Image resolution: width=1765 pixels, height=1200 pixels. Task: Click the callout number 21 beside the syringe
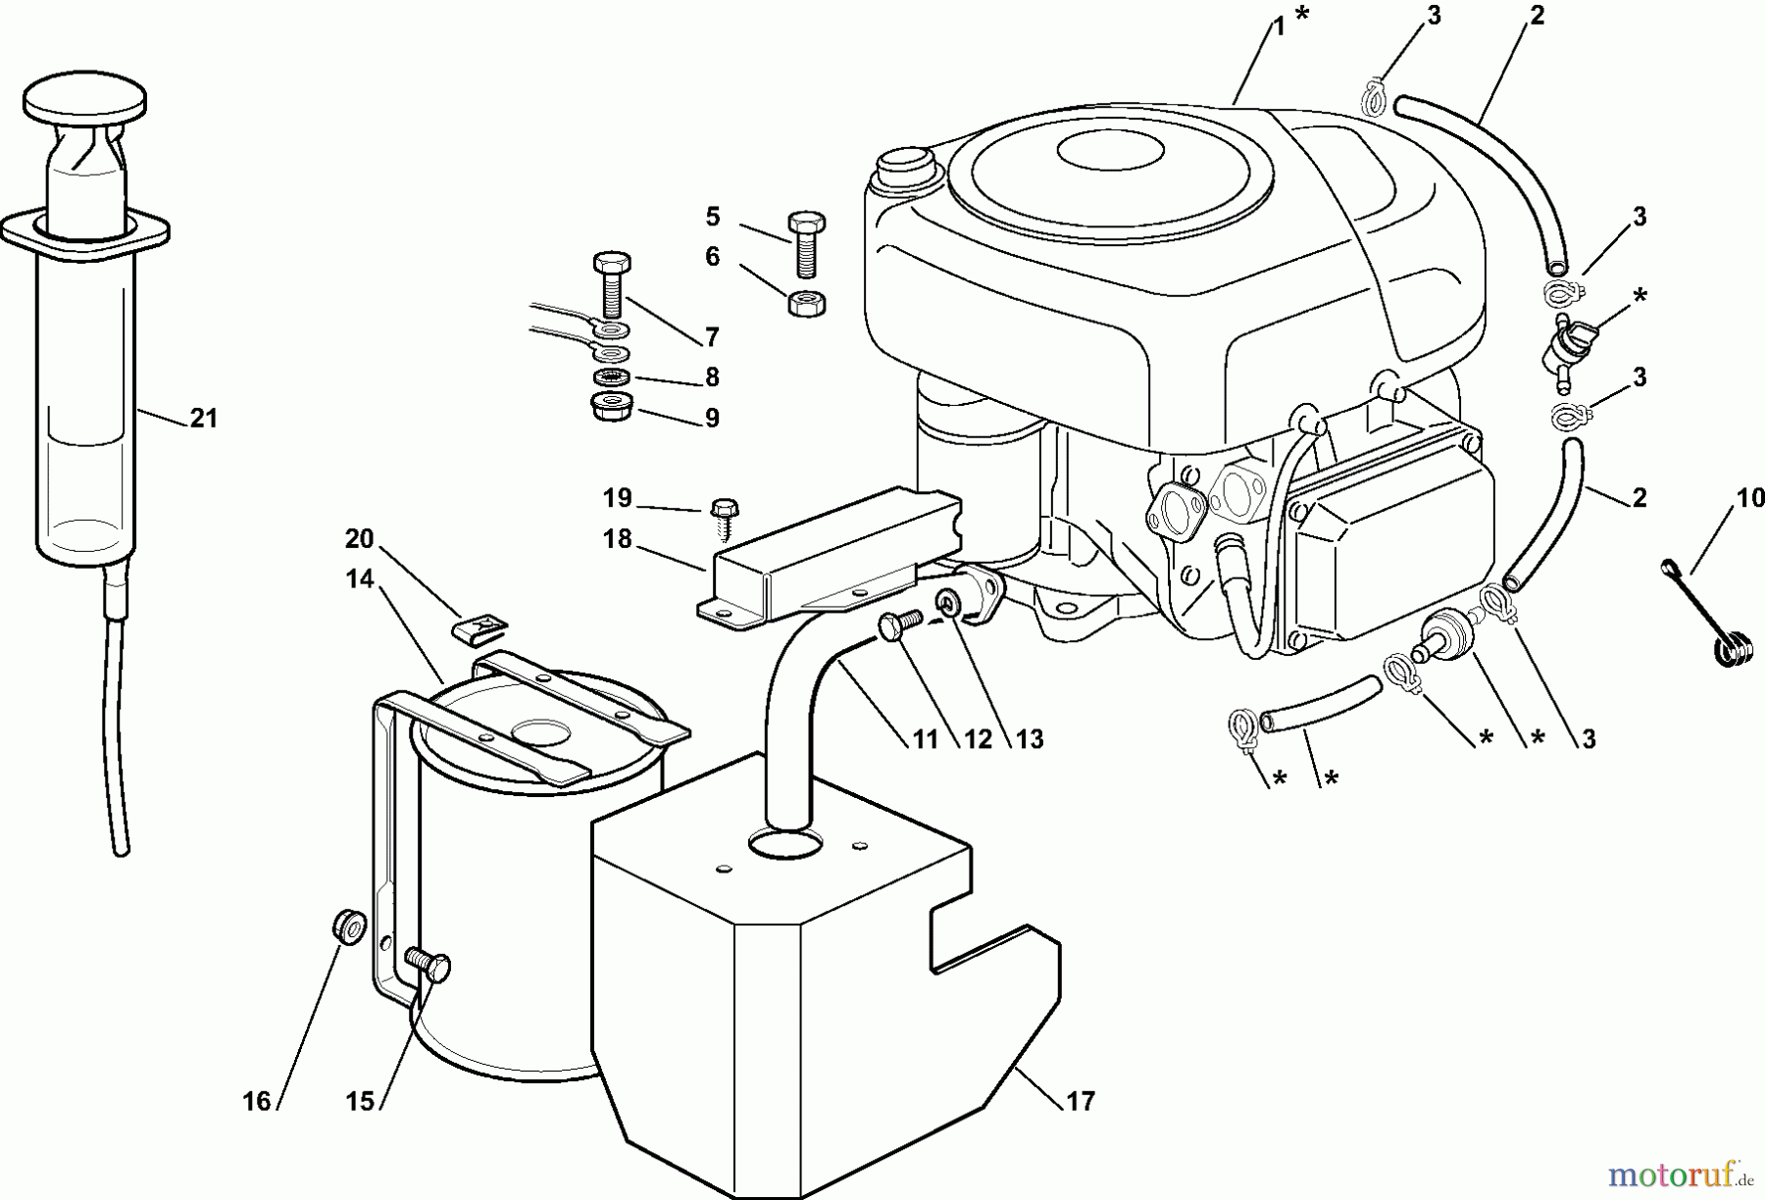coord(203,419)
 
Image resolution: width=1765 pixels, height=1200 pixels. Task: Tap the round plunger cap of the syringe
coord(84,99)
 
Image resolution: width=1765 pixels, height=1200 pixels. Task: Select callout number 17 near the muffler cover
coord(1079,1102)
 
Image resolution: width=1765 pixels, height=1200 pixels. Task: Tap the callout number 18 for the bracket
coord(617,539)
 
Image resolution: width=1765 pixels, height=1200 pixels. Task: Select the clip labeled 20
coord(480,625)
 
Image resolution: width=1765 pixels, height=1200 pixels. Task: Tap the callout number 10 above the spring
coord(1749,499)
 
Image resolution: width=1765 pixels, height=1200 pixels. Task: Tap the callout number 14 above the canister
coord(360,578)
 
